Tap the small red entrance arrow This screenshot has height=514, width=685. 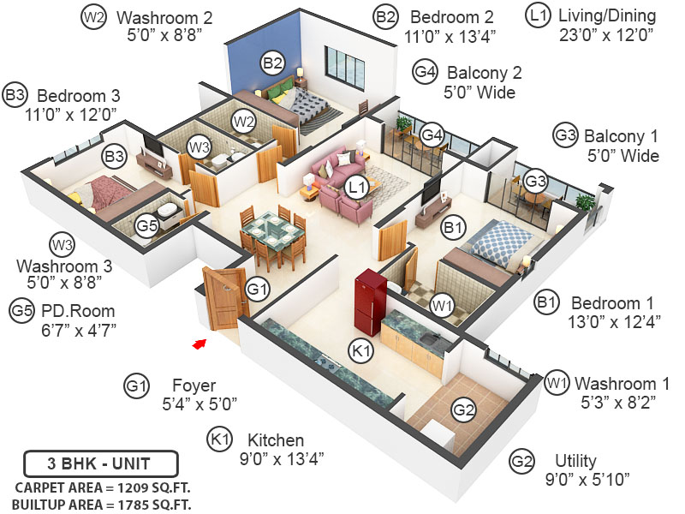[200, 343]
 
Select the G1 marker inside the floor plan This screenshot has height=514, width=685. [257, 290]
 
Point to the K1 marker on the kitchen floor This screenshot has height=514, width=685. [360, 350]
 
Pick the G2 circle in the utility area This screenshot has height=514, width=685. [463, 411]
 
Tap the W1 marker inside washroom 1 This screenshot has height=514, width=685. [442, 303]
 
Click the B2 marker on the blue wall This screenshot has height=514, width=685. [273, 63]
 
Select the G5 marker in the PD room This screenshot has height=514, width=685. [147, 226]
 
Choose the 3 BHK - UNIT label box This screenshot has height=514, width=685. [100, 464]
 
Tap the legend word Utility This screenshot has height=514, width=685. [576, 461]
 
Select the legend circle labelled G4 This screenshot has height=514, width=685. [426, 73]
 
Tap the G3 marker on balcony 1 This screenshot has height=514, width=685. [536, 182]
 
